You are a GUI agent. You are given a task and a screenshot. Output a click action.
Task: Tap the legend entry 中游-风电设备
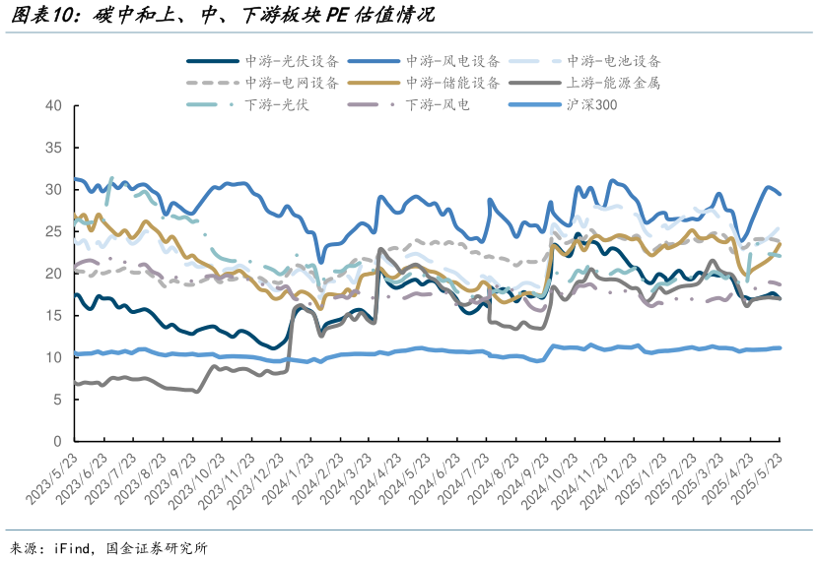(x=452, y=61)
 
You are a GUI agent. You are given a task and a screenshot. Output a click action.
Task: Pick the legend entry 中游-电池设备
(x=614, y=61)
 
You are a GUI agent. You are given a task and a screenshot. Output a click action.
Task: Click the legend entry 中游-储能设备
(x=452, y=83)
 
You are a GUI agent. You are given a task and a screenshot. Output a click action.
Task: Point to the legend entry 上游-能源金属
(x=612, y=83)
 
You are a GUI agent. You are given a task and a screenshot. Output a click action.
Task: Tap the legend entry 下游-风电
(x=438, y=104)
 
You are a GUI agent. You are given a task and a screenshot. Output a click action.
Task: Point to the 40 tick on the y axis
(x=54, y=105)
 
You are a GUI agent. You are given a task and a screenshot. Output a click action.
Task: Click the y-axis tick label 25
(x=54, y=231)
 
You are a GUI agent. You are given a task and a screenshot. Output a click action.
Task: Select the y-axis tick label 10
(x=54, y=357)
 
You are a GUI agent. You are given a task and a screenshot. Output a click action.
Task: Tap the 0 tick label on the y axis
(x=58, y=441)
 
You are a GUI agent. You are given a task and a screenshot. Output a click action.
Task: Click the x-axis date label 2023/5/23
(x=49, y=478)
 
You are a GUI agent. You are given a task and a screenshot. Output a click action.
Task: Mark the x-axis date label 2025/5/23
(x=759, y=478)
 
